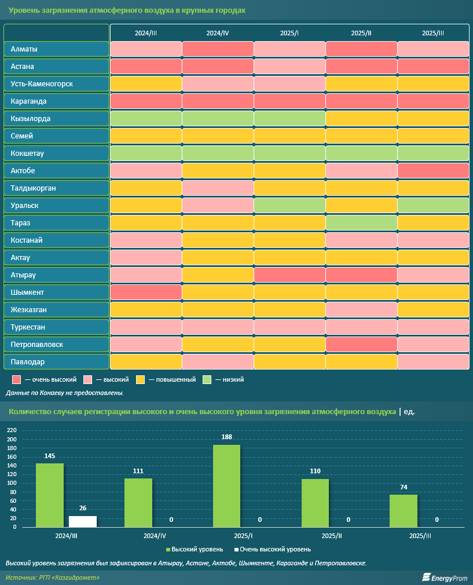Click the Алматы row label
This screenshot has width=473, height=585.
56,49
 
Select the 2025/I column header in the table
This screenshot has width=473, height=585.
289,33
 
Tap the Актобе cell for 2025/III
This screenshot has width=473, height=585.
433,171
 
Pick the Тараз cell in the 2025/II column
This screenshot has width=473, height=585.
361,223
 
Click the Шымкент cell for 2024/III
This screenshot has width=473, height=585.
146,292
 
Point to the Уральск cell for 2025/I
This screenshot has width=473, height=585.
289,206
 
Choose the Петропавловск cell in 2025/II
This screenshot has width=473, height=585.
361,345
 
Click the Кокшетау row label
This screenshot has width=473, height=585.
56,153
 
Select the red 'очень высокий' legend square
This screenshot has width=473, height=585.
16,379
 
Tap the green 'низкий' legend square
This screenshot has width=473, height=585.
207,379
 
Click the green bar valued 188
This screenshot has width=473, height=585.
226,485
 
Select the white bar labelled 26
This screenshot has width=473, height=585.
83,521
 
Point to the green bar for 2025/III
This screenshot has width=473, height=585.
404,510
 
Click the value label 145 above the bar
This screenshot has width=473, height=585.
50,456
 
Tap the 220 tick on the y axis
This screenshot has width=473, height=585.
12,430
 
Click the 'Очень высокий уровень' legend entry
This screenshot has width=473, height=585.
272,549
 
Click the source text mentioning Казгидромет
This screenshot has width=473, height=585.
53,577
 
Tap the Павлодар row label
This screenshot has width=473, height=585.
56,362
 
